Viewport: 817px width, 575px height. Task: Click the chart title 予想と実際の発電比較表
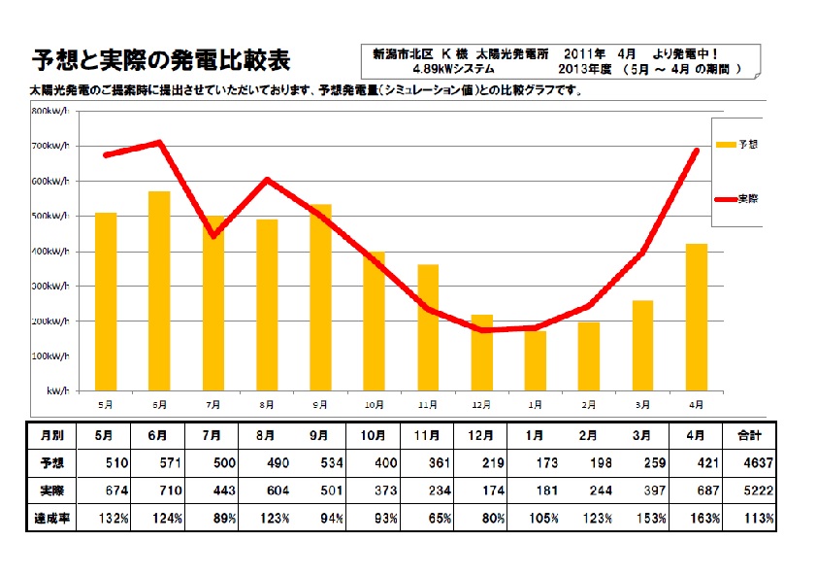click(160, 60)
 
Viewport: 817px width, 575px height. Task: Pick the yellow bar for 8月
click(267, 304)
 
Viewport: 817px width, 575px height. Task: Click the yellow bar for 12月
click(482, 352)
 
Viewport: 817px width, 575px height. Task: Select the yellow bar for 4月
click(697, 317)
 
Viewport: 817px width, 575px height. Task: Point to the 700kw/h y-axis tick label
click(53, 146)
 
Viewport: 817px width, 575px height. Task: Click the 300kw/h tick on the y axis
click(53, 287)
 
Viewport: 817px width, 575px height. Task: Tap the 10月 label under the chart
click(375, 403)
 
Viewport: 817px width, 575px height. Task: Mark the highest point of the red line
click(159, 142)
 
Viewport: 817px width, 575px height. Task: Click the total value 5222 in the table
click(759, 490)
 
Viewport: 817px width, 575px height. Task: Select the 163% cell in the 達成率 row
click(705, 519)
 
